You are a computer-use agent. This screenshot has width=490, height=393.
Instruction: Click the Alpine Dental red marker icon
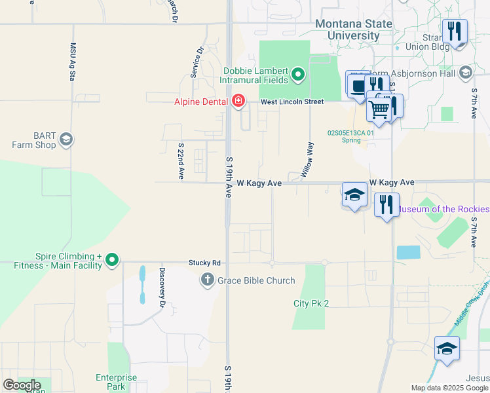[238, 101]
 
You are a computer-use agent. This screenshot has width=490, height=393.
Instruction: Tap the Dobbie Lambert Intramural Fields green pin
[299, 75]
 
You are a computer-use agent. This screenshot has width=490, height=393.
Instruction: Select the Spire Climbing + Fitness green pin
[112, 260]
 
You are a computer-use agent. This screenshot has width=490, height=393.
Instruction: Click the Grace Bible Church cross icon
[207, 280]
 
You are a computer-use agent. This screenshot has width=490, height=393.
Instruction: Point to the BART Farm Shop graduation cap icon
[66, 139]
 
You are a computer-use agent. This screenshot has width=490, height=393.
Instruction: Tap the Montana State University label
[354, 29]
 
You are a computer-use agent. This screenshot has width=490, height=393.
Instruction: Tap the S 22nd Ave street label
[181, 161]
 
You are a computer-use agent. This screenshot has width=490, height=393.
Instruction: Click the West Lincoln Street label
[292, 102]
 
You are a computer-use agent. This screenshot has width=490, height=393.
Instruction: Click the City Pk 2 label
[311, 303]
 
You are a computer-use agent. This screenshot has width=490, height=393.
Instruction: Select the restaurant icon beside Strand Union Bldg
[454, 31]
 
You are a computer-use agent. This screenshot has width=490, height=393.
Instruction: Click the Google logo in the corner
[21, 385]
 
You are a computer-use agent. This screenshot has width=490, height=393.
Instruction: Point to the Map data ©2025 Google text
[449, 388]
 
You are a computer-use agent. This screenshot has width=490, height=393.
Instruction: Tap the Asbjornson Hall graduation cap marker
[466, 72]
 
